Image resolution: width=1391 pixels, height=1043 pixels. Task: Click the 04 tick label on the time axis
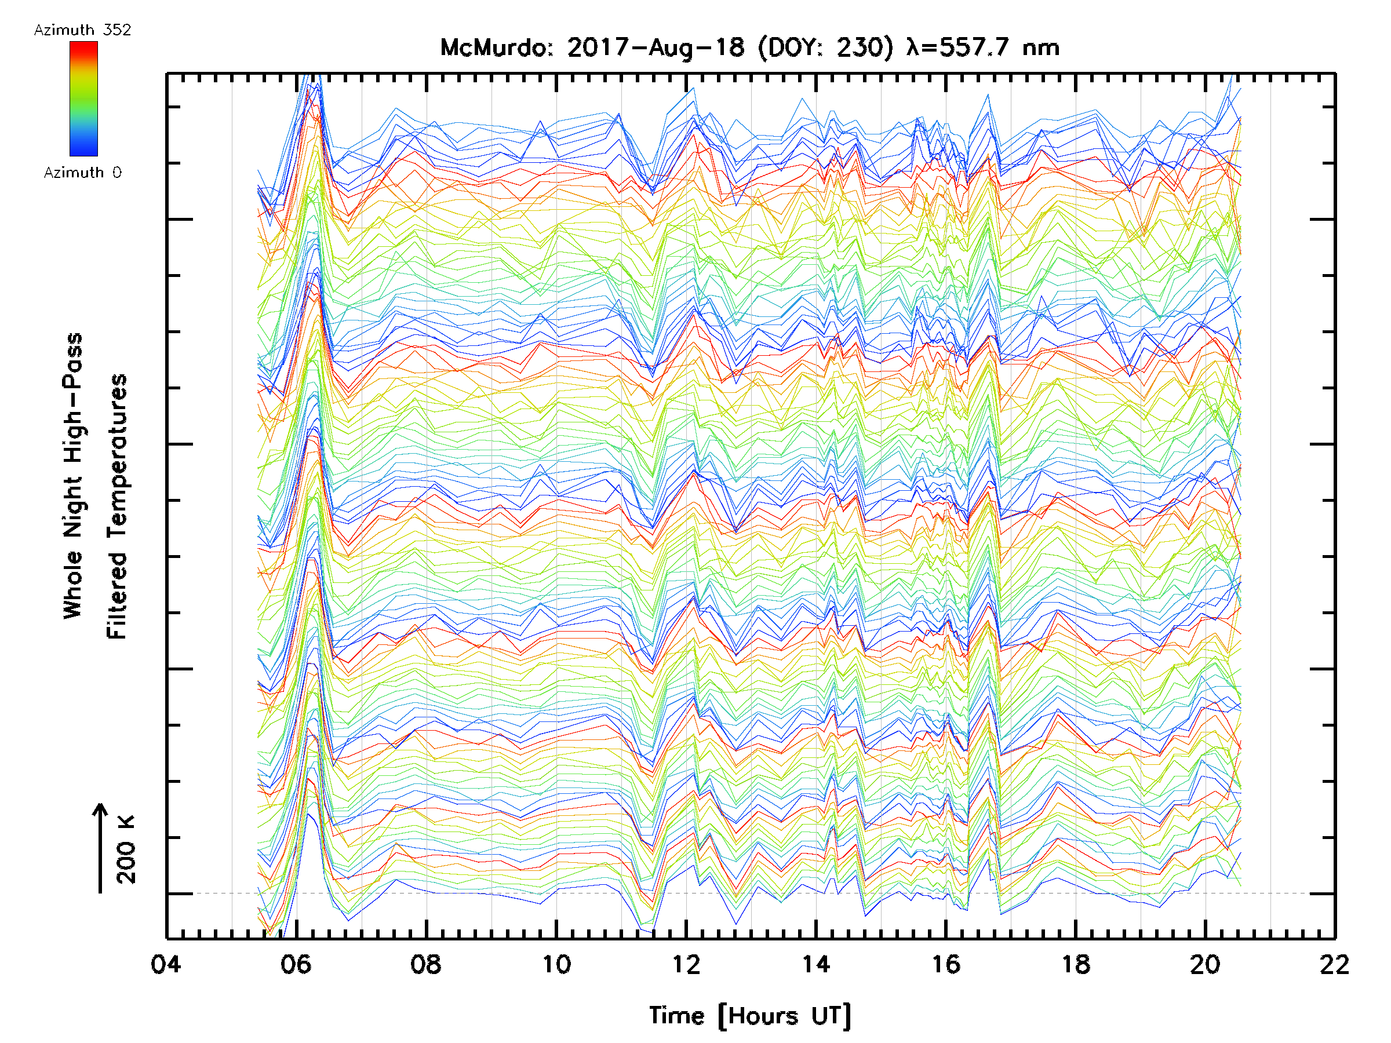[166, 964]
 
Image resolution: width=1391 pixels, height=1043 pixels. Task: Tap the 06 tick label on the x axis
[296, 964]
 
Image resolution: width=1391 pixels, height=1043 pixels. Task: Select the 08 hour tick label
[426, 964]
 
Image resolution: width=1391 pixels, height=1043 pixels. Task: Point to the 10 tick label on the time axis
[556, 964]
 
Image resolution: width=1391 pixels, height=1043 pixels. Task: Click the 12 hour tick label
[686, 964]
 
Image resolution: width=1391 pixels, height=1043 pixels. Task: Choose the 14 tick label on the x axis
[815, 964]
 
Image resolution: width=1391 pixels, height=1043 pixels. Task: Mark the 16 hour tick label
[946, 964]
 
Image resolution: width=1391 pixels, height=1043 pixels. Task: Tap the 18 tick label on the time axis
[1076, 964]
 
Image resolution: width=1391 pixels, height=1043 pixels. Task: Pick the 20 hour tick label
[1206, 964]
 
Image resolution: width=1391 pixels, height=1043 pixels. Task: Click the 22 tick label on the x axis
[1334, 964]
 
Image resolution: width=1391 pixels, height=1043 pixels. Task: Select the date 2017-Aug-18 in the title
[656, 48]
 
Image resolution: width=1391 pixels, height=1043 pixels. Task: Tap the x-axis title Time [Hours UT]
[749, 1016]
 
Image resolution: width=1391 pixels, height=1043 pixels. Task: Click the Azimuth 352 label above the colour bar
[82, 30]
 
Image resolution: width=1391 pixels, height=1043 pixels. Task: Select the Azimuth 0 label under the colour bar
[82, 172]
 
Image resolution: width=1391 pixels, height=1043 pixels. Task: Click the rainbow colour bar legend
[83, 99]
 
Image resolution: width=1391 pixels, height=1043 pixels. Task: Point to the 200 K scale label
[126, 849]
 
